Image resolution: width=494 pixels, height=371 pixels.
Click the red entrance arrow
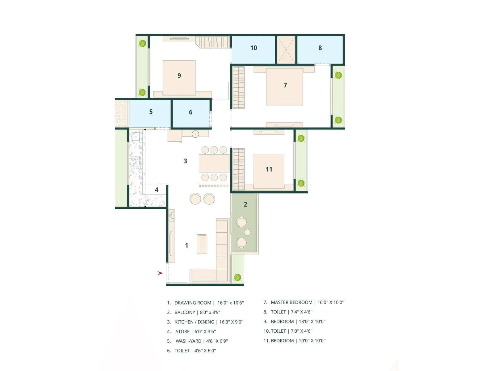[160, 273]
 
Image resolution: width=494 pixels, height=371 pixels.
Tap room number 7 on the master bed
[285, 85]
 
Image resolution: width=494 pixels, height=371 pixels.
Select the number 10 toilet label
[253, 48]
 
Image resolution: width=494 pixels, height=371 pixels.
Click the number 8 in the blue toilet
[320, 48]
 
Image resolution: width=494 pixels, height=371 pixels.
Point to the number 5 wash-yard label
[151, 112]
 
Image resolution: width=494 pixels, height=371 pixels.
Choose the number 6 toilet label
[190, 112]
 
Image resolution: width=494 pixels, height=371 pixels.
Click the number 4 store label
[157, 190]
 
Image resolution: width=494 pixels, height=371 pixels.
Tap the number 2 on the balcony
[245, 204]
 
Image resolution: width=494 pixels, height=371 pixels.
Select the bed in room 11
[269, 171]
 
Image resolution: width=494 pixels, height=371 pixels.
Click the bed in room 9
[179, 78]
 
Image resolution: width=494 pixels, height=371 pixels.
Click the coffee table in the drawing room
[202, 244]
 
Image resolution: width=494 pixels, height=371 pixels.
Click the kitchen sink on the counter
[136, 137]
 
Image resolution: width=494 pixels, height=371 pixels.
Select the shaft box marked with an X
[286, 50]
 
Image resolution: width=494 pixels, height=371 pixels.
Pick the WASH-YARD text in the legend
[188, 341]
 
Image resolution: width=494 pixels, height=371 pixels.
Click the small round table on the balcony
[247, 232]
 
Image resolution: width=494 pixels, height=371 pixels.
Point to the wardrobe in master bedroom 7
[238, 87]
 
